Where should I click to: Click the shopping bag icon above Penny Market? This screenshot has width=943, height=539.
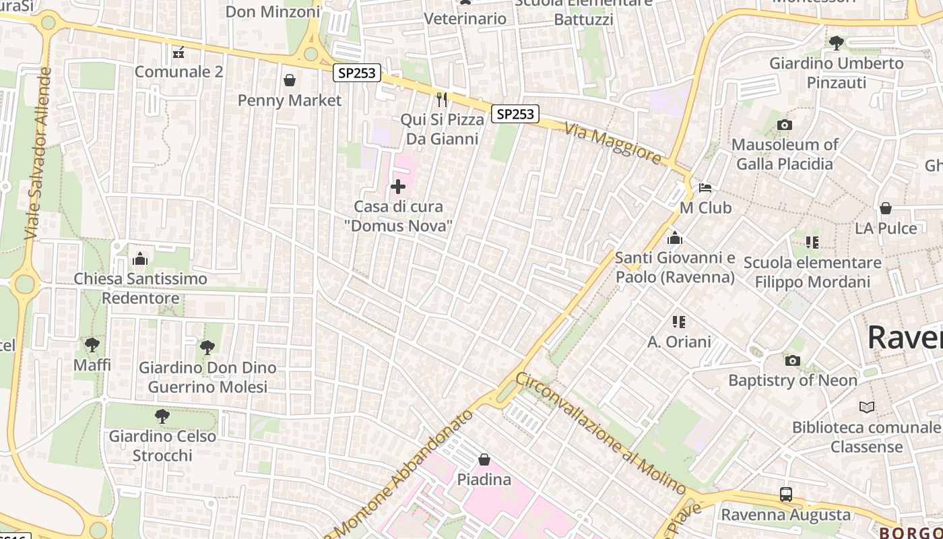pos(290,81)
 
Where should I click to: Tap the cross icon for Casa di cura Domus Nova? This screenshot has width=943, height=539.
pos(398,187)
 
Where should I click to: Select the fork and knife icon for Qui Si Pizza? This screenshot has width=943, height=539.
pos(442,100)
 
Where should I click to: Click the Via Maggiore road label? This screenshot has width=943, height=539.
pos(613,143)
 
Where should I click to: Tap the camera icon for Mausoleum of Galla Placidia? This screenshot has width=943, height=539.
pos(784,125)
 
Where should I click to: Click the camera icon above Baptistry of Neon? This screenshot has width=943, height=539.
pos(793,360)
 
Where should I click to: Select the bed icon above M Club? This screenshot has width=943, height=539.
pos(705,187)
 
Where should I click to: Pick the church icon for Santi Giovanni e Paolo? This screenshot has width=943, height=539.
pos(674,238)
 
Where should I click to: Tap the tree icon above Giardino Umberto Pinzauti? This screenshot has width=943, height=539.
pos(836,43)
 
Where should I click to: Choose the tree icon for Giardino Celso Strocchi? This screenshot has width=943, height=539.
pos(162,416)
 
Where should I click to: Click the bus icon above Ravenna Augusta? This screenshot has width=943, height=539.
pos(785,494)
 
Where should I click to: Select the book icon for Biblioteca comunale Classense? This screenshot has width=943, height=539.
pos(866,407)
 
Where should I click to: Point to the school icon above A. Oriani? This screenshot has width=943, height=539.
pos(678,321)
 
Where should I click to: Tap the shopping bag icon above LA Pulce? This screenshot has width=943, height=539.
pos(886,208)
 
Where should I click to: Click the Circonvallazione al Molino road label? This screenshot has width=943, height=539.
pos(599,433)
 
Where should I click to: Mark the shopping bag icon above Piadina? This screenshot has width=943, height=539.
pos(484,459)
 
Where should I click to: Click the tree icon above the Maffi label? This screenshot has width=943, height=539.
pos(92,345)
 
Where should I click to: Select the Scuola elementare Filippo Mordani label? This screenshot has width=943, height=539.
pos(812,272)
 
